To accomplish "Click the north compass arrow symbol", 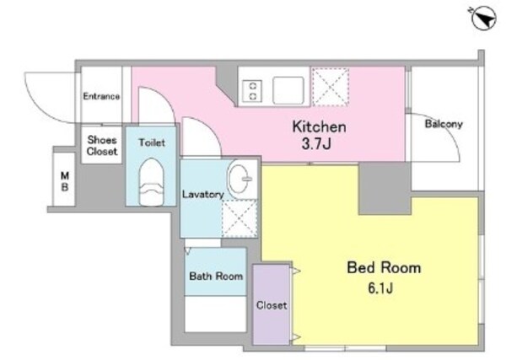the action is pos(483,19).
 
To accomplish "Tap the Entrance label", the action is pos(101,96).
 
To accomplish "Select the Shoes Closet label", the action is pos(102,146).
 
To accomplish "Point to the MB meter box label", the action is pos(65,181).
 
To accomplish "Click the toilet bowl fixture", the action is pos(151,181).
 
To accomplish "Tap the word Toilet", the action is pos(152,142).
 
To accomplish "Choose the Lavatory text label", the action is pos(203,194).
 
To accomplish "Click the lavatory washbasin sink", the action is pos(242,179).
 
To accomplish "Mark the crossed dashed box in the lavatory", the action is pos(240,218).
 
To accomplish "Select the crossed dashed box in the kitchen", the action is pos(331,87).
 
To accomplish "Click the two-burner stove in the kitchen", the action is pos(252,91).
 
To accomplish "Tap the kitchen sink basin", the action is pos(288,90).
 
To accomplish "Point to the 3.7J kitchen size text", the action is pos(316,143).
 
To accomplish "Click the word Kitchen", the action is pos(319,126).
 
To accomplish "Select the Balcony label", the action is pos(444,124).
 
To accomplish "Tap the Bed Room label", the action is pos(384,267).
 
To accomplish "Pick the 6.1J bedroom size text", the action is pos(380,287).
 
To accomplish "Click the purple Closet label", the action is pos(272,305).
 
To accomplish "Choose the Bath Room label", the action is pos(216,277).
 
